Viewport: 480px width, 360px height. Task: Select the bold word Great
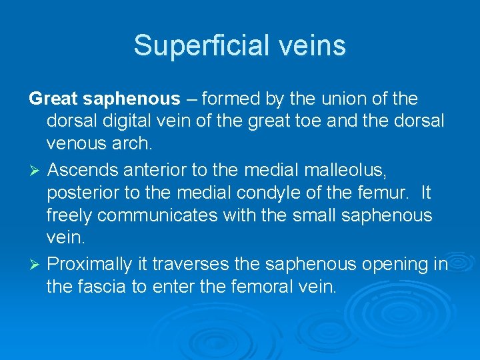54,99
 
